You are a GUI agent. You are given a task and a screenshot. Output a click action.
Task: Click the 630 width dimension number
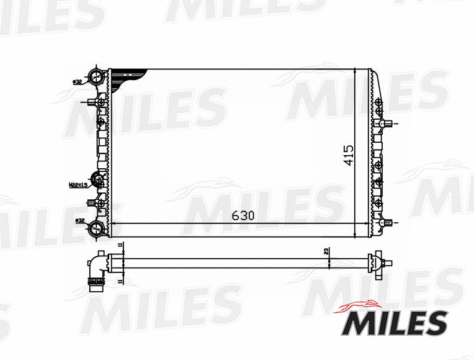pyautogui.click(x=243, y=215)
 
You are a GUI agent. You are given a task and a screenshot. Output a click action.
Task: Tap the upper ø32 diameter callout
pyautogui.click(x=78, y=81)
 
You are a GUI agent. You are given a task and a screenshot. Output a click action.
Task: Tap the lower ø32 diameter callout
pyautogui.click(x=79, y=220)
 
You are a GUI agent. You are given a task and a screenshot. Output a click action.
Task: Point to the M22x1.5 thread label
pyautogui.click(x=77, y=184)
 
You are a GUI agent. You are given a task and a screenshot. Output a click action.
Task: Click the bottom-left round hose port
pyautogui.click(x=97, y=228)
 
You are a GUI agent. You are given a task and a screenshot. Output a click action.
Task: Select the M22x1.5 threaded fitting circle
pyautogui.click(x=98, y=181)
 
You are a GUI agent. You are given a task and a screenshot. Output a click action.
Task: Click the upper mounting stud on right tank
pyautogui.click(x=388, y=124)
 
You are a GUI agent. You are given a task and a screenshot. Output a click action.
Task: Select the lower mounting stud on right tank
pyautogui.click(x=388, y=222)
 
